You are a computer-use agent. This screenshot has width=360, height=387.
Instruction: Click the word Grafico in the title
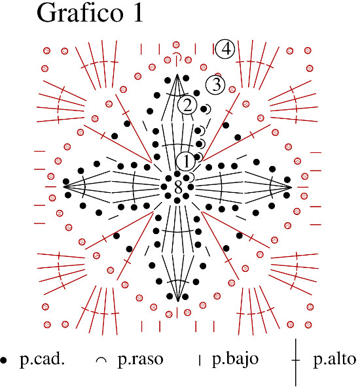click(80, 14)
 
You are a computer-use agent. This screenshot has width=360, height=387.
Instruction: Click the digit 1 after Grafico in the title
click(137, 13)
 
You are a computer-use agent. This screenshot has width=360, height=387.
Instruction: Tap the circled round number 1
click(186, 161)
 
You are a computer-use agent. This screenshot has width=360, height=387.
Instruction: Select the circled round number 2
click(187, 105)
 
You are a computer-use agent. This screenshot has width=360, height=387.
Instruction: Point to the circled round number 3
click(215, 85)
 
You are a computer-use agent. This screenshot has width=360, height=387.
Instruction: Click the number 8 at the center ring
click(178, 188)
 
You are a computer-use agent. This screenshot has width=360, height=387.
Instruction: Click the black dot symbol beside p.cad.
click(3, 360)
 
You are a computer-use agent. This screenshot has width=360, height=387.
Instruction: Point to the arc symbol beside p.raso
click(101, 359)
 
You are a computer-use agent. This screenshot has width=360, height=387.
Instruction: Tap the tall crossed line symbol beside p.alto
click(295, 362)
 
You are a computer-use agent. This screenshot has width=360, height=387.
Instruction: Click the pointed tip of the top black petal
click(177, 75)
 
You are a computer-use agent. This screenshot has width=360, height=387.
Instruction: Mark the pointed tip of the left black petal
click(64, 187)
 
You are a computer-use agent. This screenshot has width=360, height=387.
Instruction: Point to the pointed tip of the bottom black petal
click(177, 301)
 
